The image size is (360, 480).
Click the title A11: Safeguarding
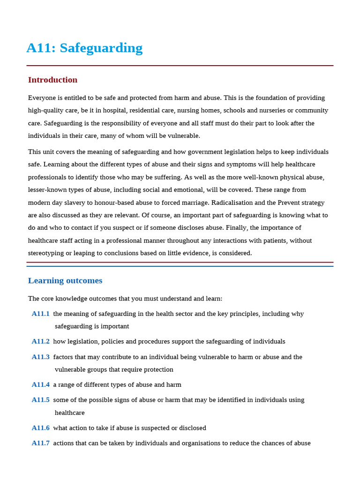[x=84, y=48]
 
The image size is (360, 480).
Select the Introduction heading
[x=52, y=80]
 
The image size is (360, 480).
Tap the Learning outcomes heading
[x=65, y=281]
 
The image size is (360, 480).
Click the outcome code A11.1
[x=41, y=314]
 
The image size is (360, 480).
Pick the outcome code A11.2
[x=41, y=342]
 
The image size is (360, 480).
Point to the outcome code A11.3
[x=41, y=357]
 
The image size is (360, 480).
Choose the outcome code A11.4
[x=41, y=385]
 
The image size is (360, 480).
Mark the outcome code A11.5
[x=41, y=400]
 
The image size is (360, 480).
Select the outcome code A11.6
[x=41, y=428]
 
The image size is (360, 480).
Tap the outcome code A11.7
[x=41, y=443]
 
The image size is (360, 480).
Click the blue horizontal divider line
[x=180, y=266]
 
